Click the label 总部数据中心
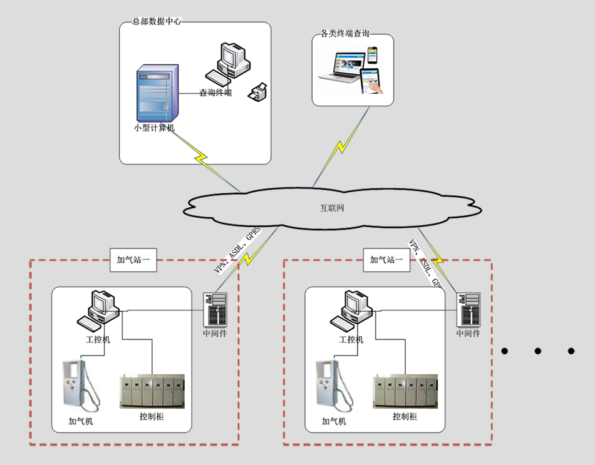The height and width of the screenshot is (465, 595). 157,21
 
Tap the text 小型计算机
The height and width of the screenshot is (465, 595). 154,128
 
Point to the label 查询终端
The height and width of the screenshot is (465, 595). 215,93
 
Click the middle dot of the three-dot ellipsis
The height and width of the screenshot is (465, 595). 537,351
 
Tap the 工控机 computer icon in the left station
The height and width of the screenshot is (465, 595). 98,308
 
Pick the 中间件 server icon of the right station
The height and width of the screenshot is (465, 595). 468,309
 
